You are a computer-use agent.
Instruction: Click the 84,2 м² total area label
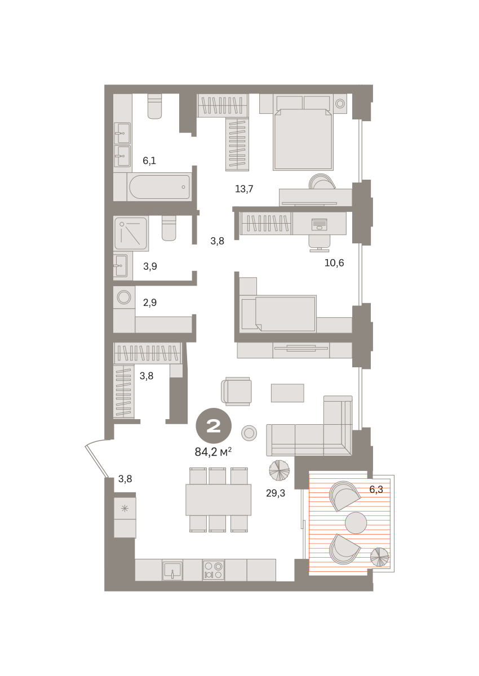213,452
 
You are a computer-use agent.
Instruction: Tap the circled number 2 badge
214,426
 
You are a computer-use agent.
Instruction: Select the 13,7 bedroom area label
244,189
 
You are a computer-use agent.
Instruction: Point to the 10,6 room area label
334,263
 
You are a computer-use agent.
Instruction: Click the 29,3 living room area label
275,493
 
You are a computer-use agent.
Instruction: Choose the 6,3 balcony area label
376,490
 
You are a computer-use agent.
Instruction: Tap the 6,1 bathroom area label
149,161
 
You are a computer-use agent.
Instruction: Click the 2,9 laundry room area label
150,303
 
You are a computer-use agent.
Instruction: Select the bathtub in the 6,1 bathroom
159,187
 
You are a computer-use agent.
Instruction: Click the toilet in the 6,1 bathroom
155,106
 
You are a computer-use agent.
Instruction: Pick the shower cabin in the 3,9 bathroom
131,234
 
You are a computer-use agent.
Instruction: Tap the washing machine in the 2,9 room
124,297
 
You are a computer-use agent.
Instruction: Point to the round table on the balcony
356,523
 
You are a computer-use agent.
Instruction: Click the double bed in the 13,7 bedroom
303,132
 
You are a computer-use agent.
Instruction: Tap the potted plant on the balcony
380,557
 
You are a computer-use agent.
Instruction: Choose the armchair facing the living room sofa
236,391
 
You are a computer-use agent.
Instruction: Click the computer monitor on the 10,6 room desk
320,224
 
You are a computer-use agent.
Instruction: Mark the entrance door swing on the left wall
96,459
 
